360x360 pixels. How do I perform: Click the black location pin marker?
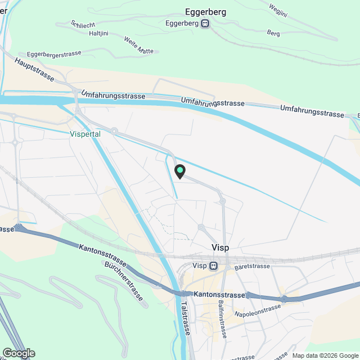(x=180, y=171)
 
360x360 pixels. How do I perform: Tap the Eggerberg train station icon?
(x=205, y=24)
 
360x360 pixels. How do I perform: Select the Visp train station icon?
(x=213, y=266)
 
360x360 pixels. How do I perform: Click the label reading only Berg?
(x=273, y=33)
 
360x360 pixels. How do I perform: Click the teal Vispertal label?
(x=85, y=134)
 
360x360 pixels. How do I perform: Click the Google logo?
(x=18, y=353)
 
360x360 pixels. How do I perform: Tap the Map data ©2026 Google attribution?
(x=324, y=355)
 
